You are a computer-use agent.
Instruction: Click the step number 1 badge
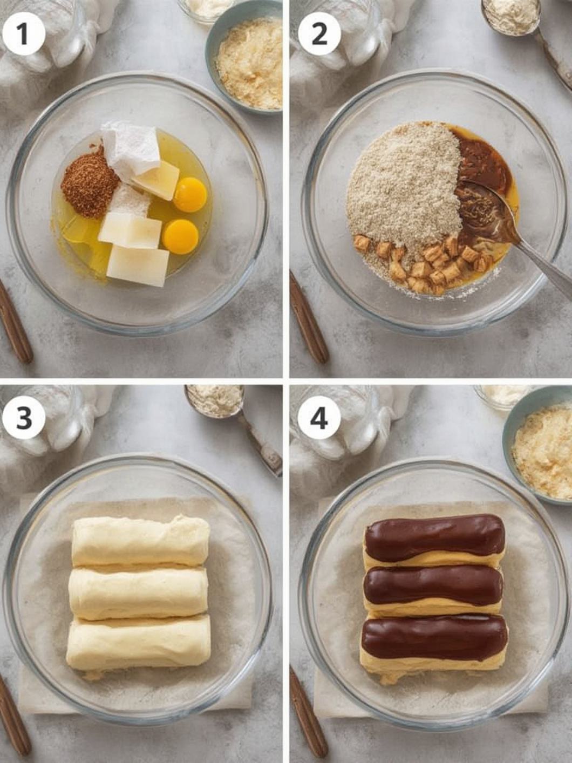click(24, 34)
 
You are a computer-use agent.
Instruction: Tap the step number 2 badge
click(319, 34)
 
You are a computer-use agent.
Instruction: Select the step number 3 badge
click(24, 418)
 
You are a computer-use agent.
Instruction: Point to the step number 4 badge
click(319, 418)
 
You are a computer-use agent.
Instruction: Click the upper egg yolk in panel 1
click(190, 195)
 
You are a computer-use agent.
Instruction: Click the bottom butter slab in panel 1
click(138, 265)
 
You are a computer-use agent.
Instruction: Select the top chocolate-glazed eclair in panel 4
click(434, 538)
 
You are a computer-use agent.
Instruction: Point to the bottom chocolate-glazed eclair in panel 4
click(434, 643)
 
